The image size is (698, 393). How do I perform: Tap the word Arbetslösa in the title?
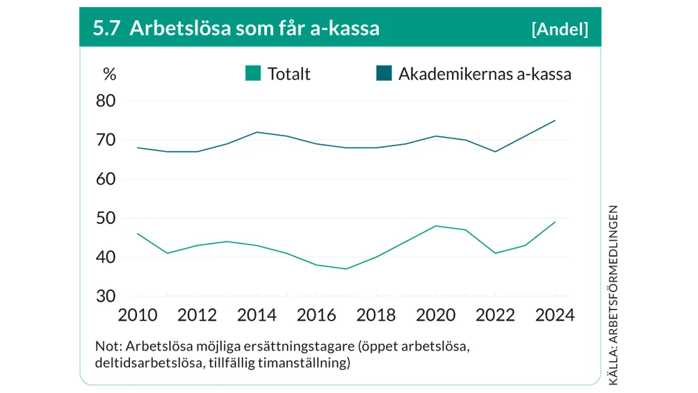click(171, 28)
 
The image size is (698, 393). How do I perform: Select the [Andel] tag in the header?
click(559, 29)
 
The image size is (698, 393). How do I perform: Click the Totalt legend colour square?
click(253, 73)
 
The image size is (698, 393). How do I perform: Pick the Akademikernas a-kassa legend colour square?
click(384, 73)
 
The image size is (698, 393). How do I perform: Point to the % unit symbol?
click(109, 74)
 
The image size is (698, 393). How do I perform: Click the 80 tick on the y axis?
click(106, 101)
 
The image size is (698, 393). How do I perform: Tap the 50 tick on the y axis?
click(106, 218)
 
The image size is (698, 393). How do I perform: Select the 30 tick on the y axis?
click(106, 296)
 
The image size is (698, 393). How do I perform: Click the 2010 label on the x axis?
click(137, 315)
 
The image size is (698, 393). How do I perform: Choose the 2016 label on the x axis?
click(316, 315)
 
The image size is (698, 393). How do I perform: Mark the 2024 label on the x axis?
click(555, 315)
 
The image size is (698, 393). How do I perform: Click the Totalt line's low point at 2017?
click(346, 268)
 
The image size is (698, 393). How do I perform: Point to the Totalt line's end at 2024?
click(555, 222)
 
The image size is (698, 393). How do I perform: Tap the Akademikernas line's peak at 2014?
click(257, 132)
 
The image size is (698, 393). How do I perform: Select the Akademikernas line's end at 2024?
click(555, 120)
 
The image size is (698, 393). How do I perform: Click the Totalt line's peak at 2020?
click(436, 226)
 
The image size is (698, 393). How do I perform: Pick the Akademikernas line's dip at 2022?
click(495, 152)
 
